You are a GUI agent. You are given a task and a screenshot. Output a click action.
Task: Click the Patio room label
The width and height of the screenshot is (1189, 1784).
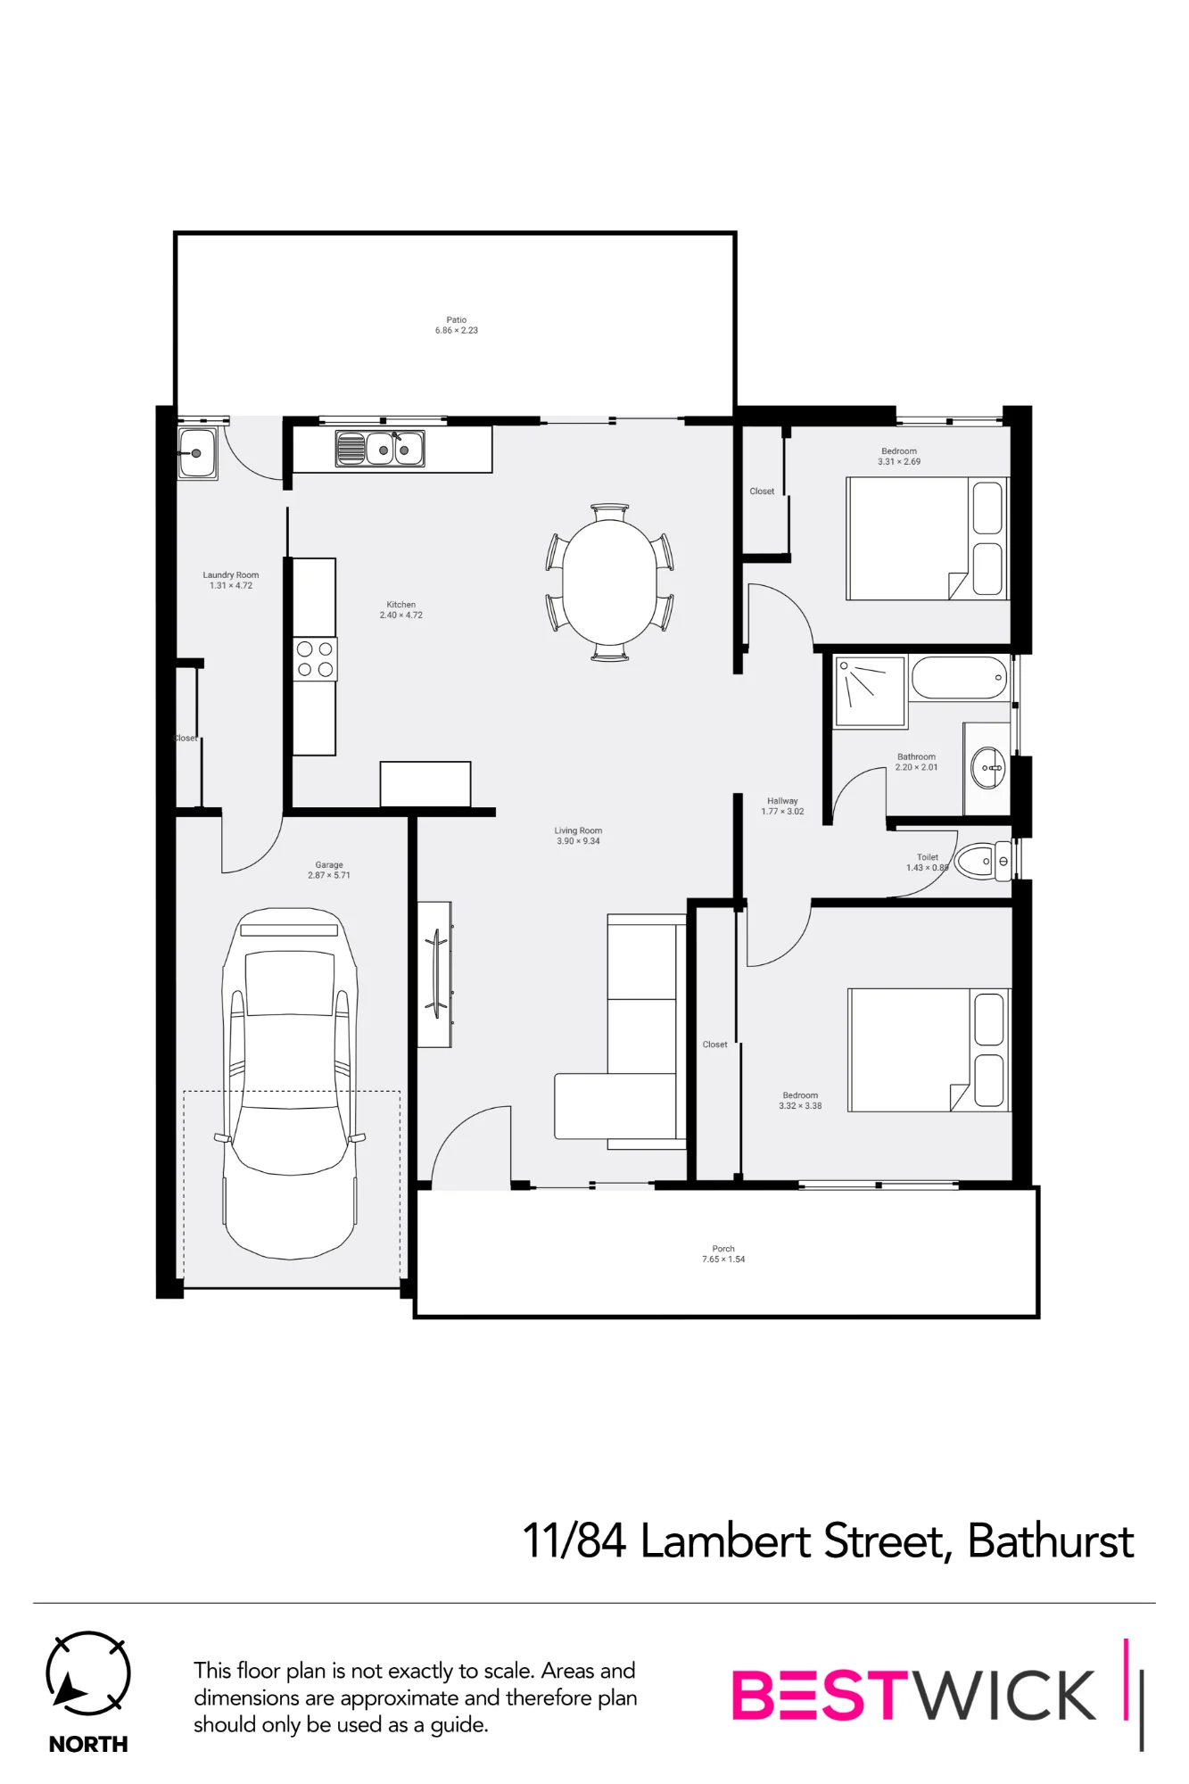[457, 319]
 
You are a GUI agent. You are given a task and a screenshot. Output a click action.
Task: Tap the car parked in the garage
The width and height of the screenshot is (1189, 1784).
[290, 1083]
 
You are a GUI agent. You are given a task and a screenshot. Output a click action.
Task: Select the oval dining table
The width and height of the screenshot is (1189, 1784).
[609, 582]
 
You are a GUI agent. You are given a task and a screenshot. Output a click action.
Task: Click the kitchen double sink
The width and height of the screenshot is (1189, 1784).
[380, 449]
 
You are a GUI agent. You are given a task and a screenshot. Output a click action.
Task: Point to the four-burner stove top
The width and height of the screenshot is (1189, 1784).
[315, 659]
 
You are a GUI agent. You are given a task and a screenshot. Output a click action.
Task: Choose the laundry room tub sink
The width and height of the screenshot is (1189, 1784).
[197, 453]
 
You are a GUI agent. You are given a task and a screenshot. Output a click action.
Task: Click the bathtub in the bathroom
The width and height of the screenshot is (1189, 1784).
[960, 679]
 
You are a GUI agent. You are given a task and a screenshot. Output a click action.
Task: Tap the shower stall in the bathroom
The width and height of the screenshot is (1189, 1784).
[870, 690]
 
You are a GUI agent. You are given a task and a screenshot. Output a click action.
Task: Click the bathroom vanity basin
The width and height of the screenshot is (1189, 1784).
[988, 767]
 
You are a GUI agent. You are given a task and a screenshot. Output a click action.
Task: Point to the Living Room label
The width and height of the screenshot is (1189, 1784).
[578, 830]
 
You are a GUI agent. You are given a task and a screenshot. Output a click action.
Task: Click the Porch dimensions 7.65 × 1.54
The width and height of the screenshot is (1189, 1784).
[723, 1260]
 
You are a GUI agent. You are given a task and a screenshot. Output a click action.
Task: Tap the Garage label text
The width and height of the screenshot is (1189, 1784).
[329, 864]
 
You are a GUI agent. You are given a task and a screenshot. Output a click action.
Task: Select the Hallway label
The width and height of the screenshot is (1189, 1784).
[782, 801]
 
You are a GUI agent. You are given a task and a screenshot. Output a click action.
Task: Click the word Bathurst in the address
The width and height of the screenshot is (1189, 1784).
[1051, 1541]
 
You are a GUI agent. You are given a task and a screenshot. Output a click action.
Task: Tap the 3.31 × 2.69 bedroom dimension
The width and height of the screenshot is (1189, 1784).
[899, 462]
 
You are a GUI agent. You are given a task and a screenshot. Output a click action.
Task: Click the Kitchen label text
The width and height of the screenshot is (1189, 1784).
[401, 605]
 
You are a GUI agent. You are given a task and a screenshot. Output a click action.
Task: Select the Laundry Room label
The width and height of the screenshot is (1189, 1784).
[231, 575]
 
